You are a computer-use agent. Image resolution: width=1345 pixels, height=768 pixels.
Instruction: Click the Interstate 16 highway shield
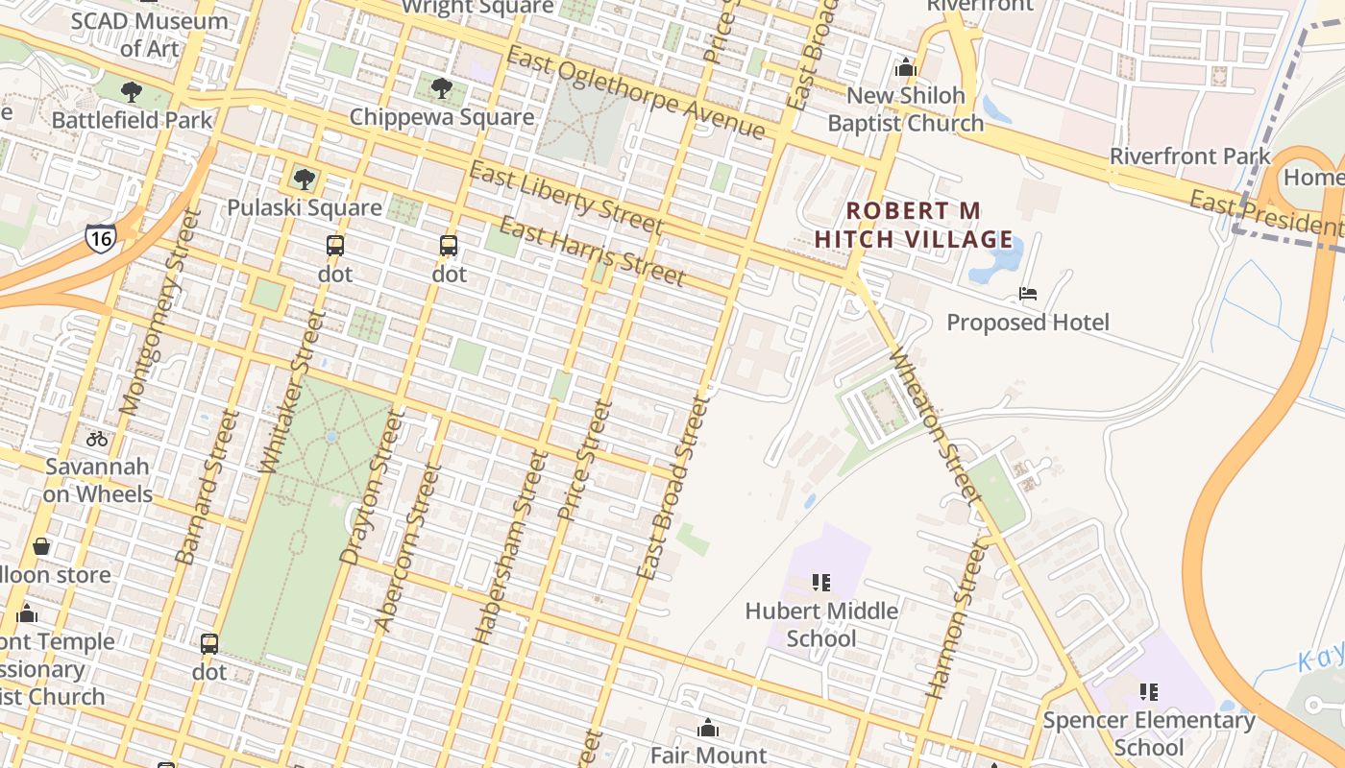[100, 236]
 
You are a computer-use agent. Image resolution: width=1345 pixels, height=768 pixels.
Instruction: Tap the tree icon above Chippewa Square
[441, 88]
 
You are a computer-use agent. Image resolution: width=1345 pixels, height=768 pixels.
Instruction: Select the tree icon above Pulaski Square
[304, 179]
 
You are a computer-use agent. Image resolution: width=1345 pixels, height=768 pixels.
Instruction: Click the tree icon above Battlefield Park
[132, 92]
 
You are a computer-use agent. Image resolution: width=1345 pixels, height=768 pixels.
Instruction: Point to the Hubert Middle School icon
[821, 582]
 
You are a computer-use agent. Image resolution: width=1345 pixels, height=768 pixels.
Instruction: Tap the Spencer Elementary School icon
[1148, 691]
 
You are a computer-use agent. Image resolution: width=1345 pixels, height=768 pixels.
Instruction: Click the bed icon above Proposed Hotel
[1028, 294]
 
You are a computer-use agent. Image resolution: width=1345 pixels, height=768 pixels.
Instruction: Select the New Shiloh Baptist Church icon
[905, 67]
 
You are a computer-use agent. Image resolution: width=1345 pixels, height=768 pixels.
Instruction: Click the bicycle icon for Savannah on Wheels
[97, 439]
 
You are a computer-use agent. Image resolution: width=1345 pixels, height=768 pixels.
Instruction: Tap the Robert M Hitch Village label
[913, 225]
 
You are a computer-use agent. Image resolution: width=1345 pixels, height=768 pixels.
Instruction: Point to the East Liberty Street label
[566, 198]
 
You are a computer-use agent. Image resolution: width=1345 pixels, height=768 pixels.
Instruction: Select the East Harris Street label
[592, 252]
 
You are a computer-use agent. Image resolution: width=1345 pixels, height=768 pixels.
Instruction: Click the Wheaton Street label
[936, 426]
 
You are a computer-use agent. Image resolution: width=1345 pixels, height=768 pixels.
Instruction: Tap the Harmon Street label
[956, 617]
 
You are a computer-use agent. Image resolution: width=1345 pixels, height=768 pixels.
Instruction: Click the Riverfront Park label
[1189, 156]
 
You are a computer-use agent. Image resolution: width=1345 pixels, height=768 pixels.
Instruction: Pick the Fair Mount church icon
[708, 728]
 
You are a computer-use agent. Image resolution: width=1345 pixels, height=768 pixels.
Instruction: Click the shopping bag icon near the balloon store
[41, 546]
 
